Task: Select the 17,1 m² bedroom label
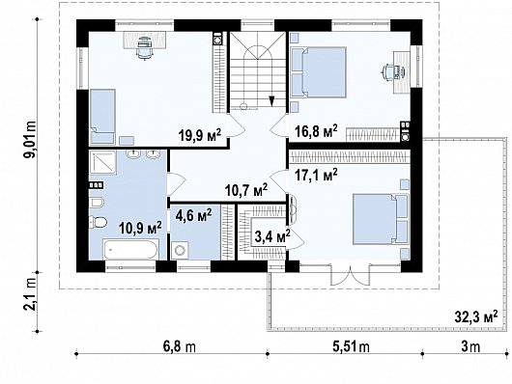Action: [x=315, y=176]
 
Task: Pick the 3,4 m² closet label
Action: [x=270, y=234]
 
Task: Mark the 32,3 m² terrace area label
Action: [x=477, y=315]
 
